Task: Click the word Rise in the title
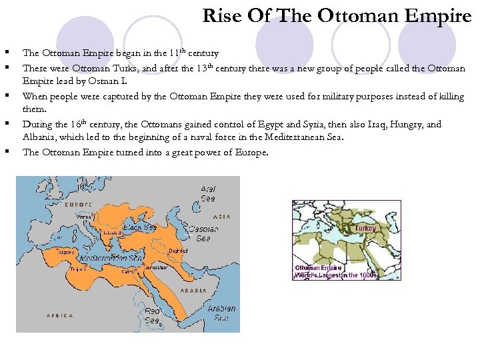pyautogui.click(x=220, y=15)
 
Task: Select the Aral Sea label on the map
pyautogui.click(x=209, y=193)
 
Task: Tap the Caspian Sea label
pyautogui.click(x=203, y=233)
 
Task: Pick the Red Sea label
pyautogui.click(x=153, y=315)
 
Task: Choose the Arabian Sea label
pyautogui.click(x=221, y=313)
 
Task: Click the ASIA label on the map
pyautogui.click(x=223, y=217)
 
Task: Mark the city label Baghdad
pyautogui.click(x=178, y=251)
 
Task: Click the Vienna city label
pyautogui.click(x=84, y=217)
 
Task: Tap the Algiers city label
pyautogui.click(x=67, y=253)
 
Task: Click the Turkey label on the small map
pyautogui.click(x=365, y=228)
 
